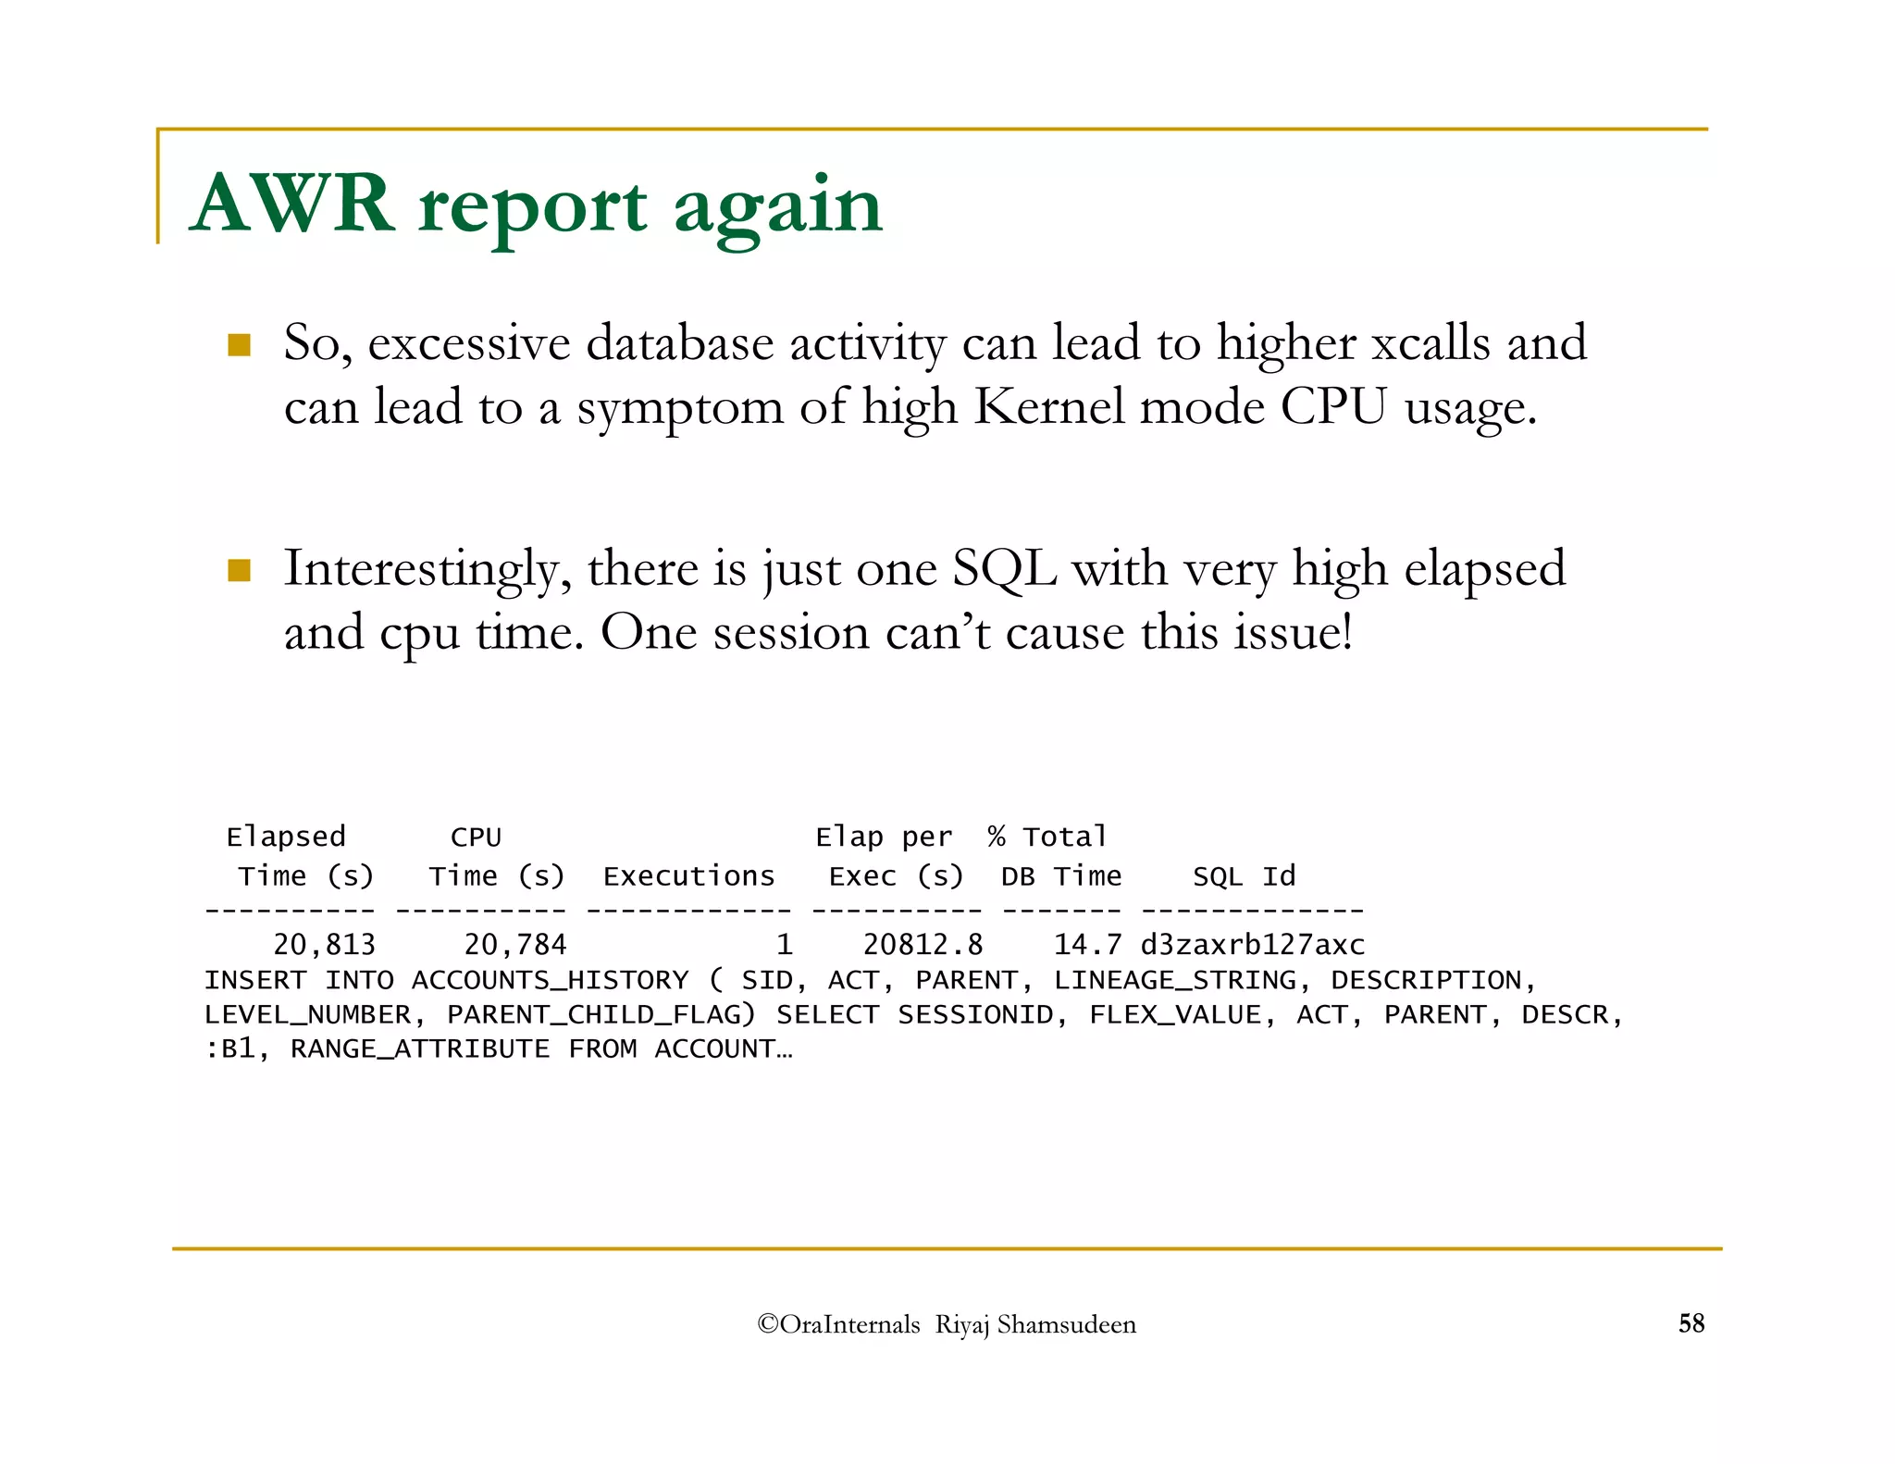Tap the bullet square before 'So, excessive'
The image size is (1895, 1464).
[x=240, y=345]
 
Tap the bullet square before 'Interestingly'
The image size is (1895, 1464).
[x=240, y=570]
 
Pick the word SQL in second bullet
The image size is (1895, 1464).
[x=1004, y=568]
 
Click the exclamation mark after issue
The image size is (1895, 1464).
[x=1346, y=633]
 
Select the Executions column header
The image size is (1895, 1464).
[x=688, y=876]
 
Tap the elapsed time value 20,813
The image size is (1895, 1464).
[x=324, y=945]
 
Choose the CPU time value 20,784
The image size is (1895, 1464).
[x=514, y=945]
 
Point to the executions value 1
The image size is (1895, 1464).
[x=784, y=945]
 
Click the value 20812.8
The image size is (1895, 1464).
[x=922, y=945]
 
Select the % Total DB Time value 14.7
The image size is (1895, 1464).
[x=1086, y=945]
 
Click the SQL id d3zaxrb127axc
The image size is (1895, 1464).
[x=1252, y=945]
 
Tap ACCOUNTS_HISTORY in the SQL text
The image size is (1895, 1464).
[x=550, y=980]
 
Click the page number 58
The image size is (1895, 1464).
[x=1691, y=1323]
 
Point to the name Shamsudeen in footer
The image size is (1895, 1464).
[x=1066, y=1325]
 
